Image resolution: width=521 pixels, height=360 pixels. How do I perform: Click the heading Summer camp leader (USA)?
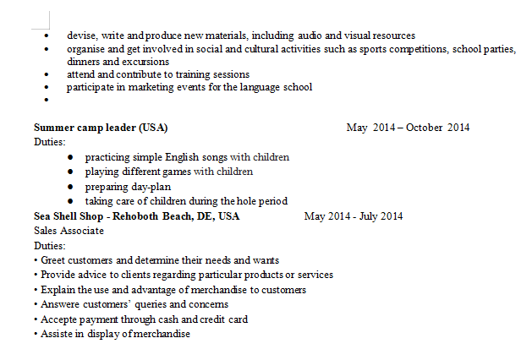point(101,128)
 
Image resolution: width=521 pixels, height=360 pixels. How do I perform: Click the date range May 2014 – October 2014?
point(408,128)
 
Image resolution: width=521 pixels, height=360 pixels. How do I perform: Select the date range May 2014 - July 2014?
point(354,216)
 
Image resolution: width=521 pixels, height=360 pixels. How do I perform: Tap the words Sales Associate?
point(69,231)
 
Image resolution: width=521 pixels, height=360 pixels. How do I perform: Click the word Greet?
point(53,260)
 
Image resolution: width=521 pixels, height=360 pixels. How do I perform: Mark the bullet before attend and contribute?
point(47,74)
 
